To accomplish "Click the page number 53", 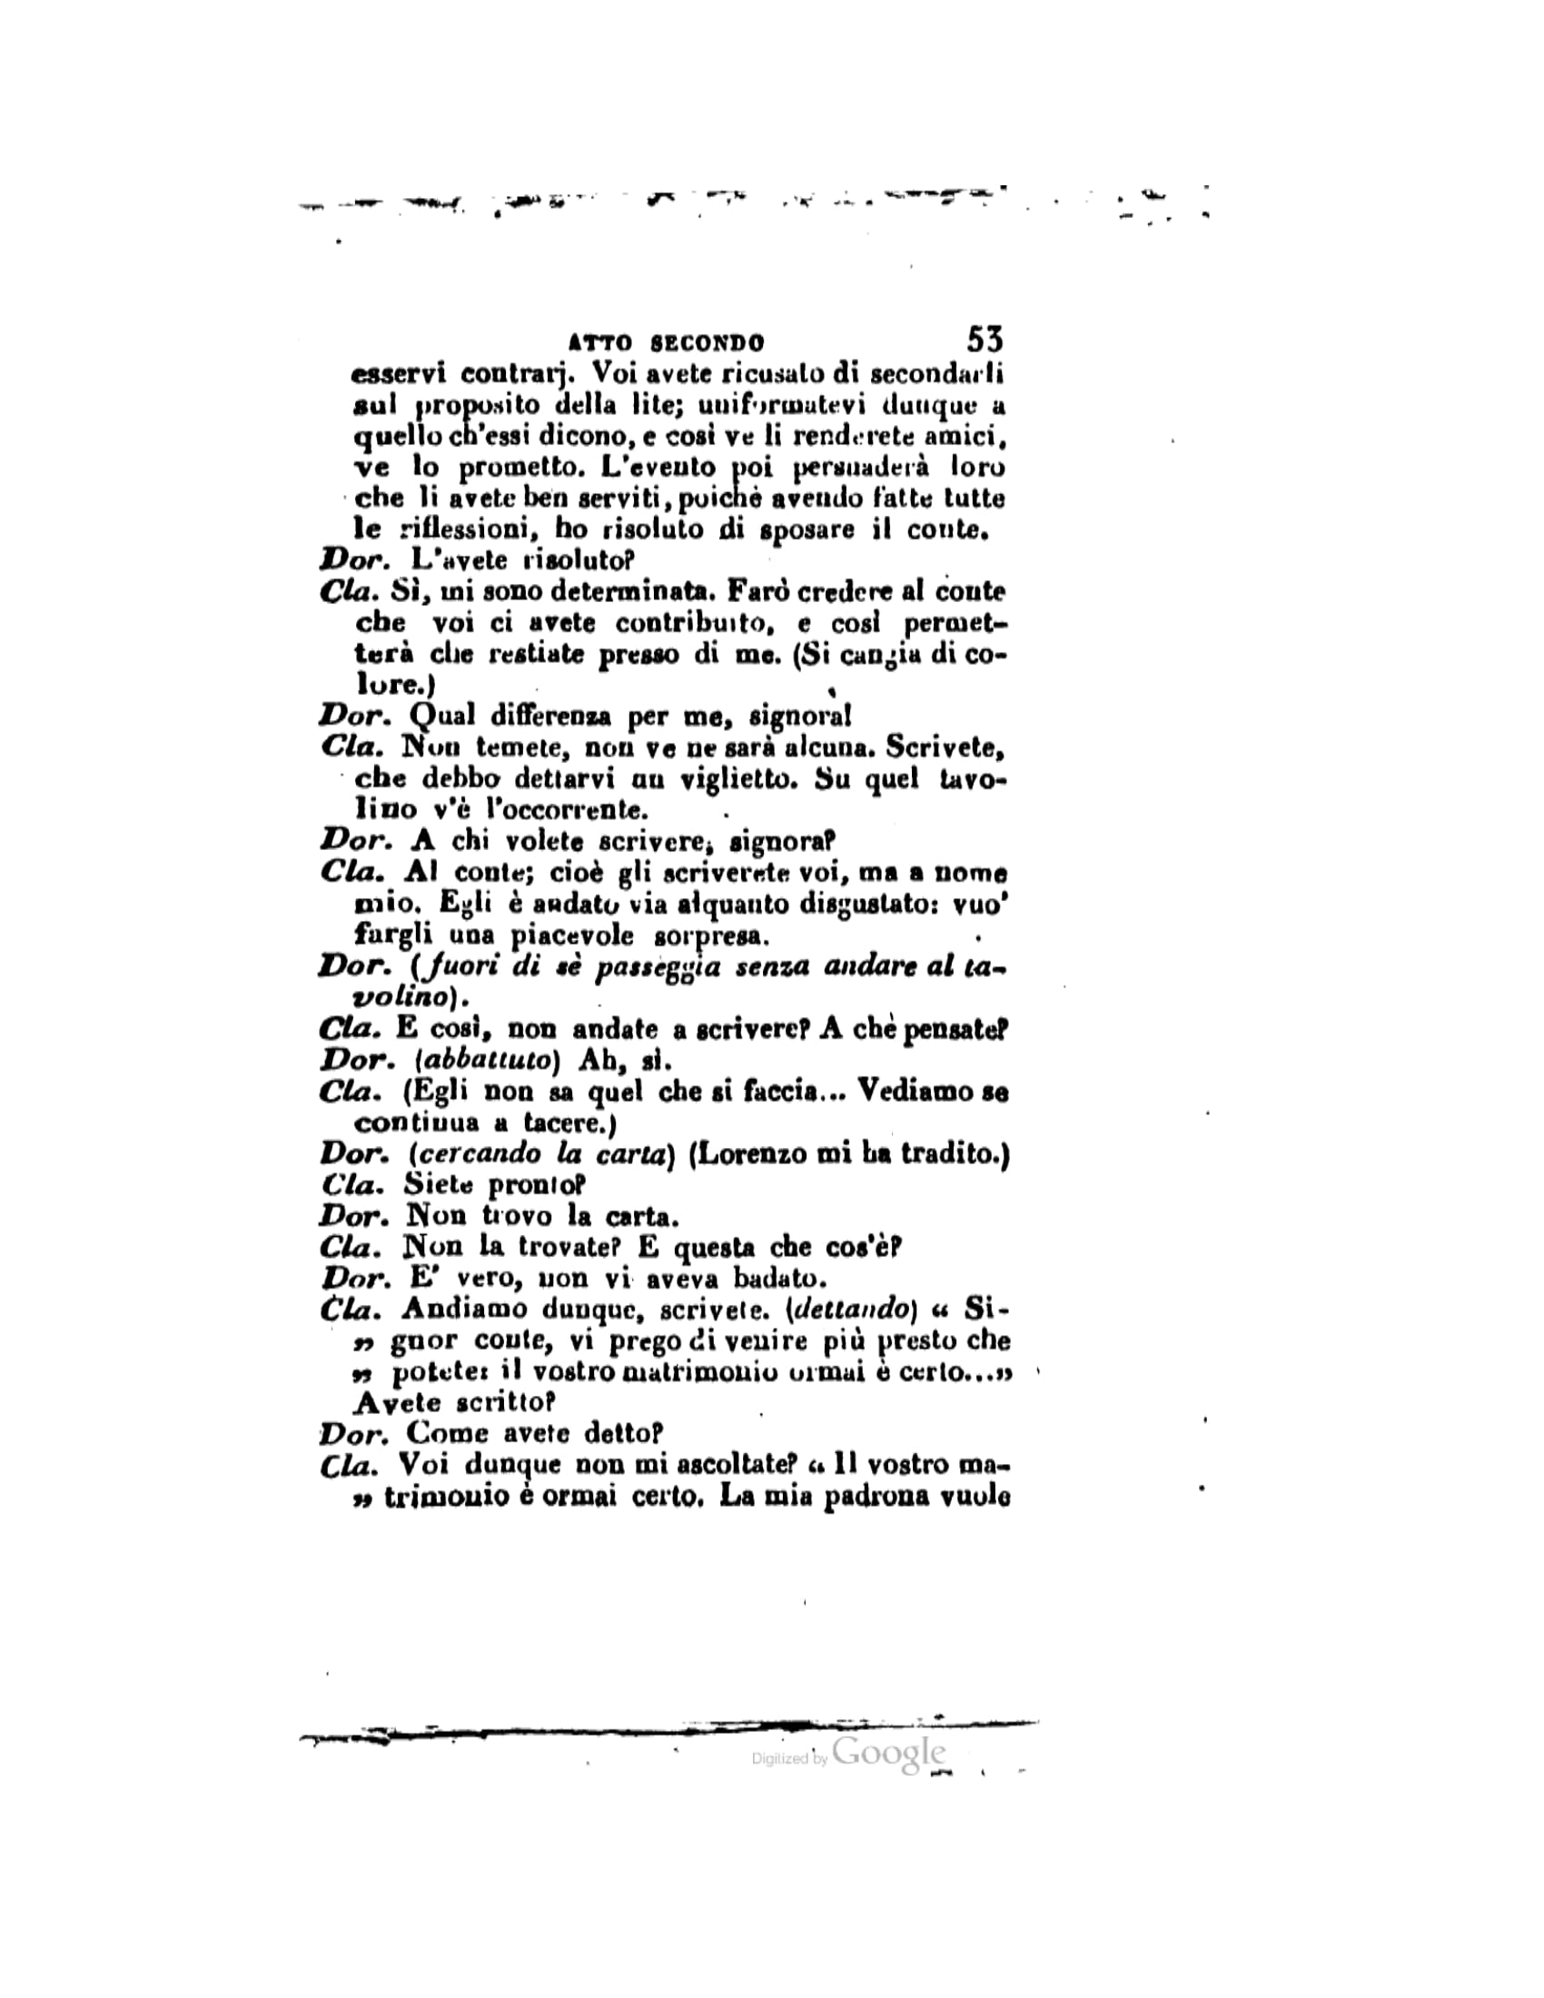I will pos(985,341).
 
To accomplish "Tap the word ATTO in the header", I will pos(600,344).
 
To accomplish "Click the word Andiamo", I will pos(463,1310).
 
